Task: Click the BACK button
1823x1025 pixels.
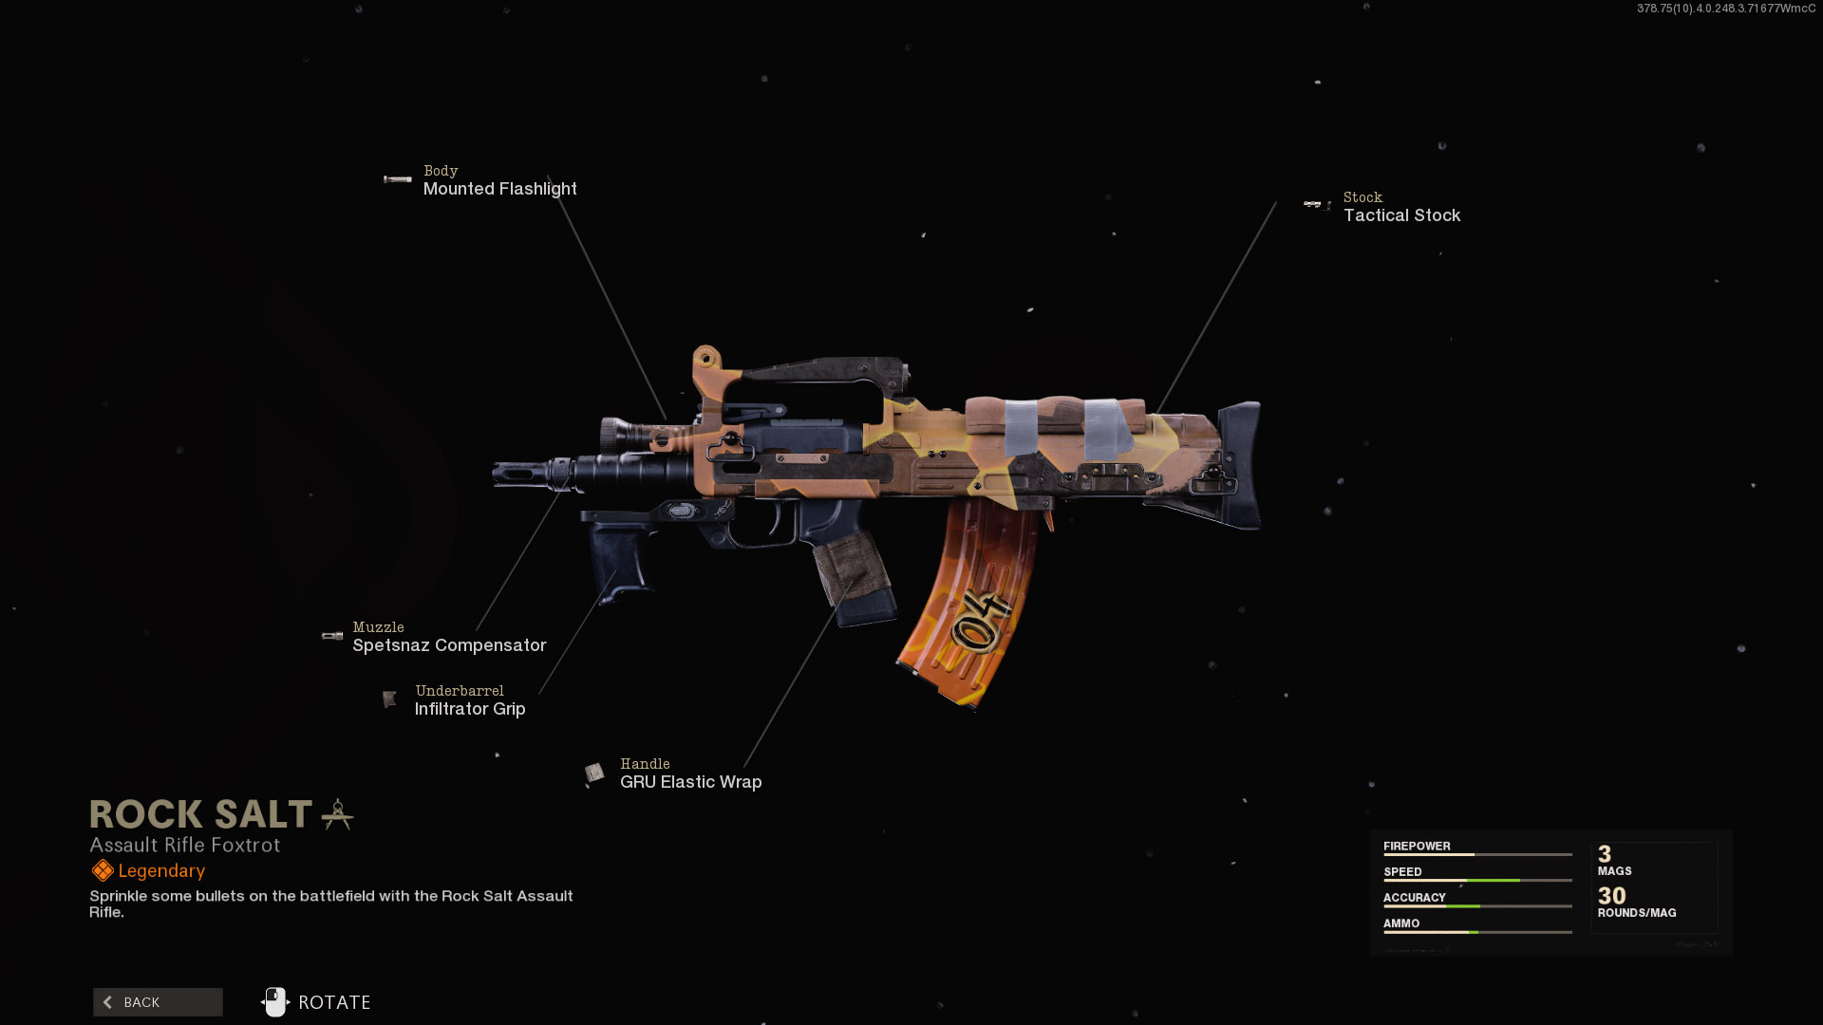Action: (158, 1002)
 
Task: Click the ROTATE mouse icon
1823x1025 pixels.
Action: (274, 1002)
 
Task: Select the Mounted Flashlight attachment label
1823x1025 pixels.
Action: (499, 189)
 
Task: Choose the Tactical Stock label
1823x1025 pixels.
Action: (1401, 215)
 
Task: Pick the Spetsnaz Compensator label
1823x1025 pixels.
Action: (449, 645)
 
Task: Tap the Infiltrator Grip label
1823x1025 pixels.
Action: (470, 709)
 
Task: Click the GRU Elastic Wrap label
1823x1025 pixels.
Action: (690, 782)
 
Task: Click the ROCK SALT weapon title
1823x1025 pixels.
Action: (200, 814)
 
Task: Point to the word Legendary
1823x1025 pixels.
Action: (161, 871)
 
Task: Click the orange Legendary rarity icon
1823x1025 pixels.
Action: (102, 871)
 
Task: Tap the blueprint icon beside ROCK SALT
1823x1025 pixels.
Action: (338, 814)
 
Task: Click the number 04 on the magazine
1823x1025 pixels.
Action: (982, 622)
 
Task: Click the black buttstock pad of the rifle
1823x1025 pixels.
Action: (1245, 465)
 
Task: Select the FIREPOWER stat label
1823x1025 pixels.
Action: (1417, 847)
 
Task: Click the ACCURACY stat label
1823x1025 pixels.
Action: (1414, 898)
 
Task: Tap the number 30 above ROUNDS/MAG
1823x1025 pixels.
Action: (1611, 896)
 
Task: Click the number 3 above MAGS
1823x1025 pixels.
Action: (1605, 854)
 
